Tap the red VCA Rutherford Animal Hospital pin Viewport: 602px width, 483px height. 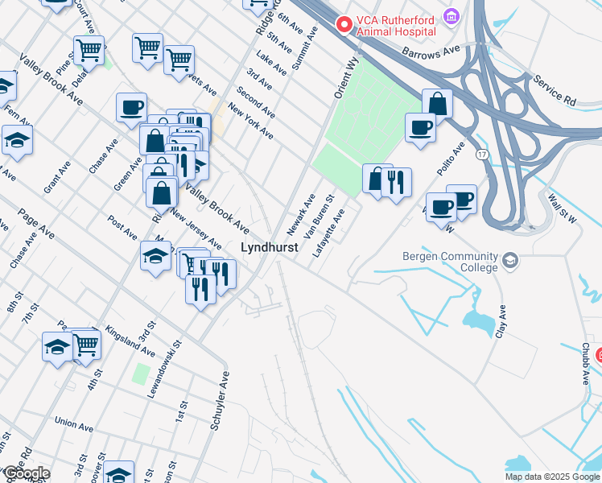(345, 25)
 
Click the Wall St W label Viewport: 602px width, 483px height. (559, 209)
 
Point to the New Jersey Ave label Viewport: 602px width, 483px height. (196, 230)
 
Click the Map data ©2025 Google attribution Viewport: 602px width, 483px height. (551, 477)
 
